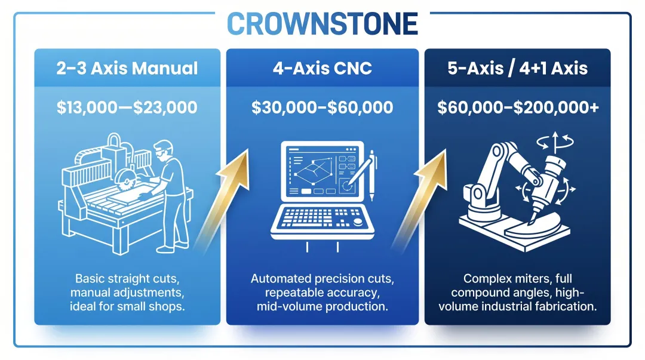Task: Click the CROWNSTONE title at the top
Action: pyautogui.click(x=322, y=24)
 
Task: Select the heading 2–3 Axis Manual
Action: pyautogui.click(x=127, y=68)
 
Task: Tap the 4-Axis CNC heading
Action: pyautogui.click(x=322, y=68)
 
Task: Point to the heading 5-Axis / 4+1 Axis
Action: pyautogui.click(x=517, y=68)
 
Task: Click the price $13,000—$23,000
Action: pyautogui.click(x=127, y=107)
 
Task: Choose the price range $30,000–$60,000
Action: pyautogui.click(x=322, y=107)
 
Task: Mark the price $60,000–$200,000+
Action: pyautogui.click(x=517, y=107)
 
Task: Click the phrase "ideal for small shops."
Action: pyautogui.click(x=127, y=307)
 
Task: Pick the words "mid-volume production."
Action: pyautogui.click(x=322, y=307)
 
